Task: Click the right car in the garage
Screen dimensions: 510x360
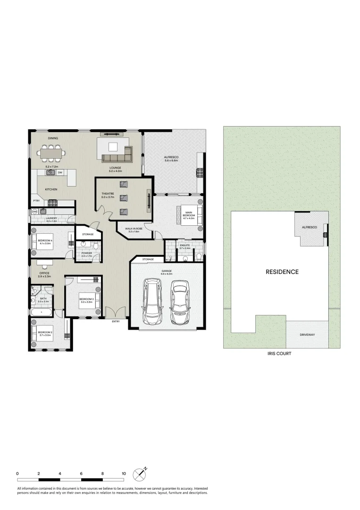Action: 179,302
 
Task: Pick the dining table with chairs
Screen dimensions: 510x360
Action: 52,153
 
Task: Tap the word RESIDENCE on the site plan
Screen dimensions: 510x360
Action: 282,272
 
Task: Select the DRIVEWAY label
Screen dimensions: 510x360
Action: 307,335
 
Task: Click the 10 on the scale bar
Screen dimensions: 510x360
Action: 124,473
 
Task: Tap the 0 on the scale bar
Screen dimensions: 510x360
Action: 17,473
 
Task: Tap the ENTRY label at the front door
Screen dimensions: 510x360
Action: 116,322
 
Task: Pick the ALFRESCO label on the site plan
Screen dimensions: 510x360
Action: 310,227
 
